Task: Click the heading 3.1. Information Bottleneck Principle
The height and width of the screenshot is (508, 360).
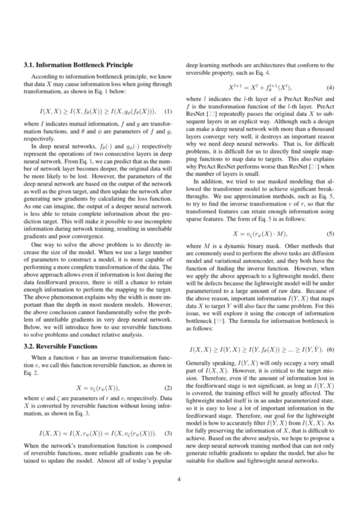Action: pyautogui.click(x=78, y=65)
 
